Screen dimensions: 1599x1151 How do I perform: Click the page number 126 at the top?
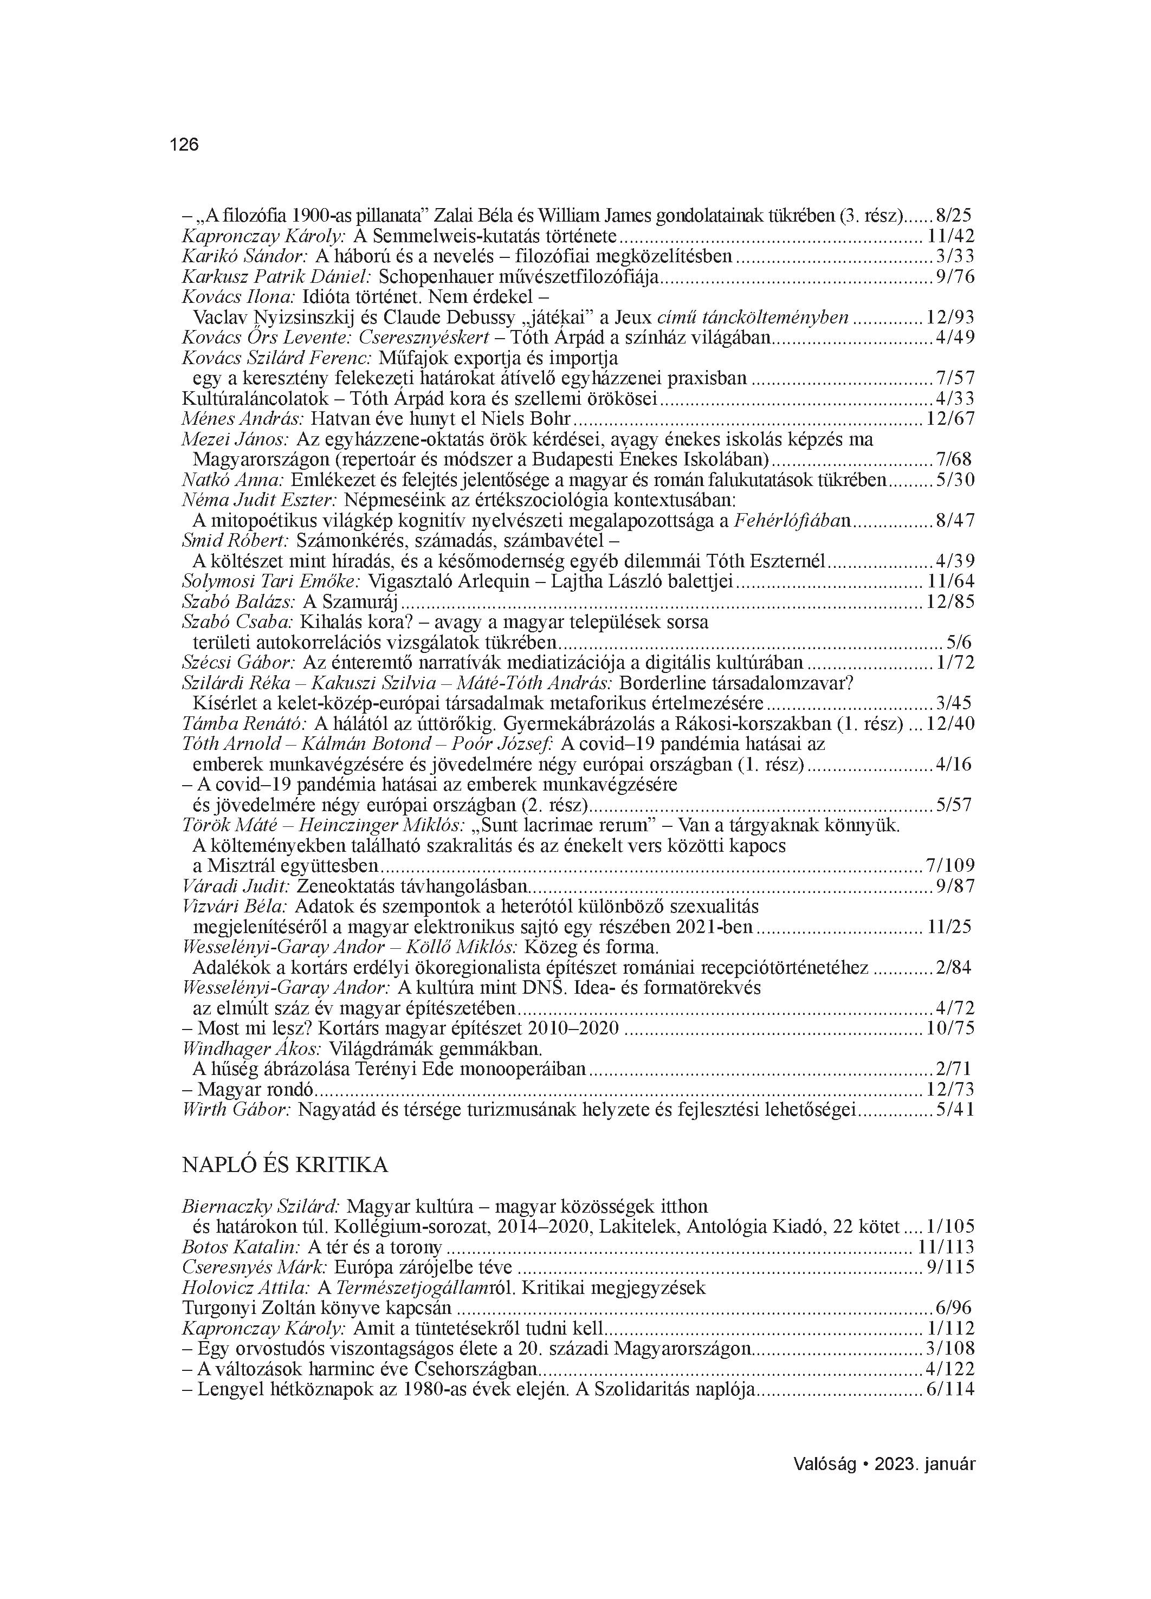(184, 145)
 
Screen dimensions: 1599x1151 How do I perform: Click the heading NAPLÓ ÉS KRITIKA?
(285, 1164)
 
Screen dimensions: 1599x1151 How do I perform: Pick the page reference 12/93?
(950, 318)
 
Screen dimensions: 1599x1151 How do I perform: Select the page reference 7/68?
(954, 459)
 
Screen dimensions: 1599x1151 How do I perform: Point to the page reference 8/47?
(954, 521)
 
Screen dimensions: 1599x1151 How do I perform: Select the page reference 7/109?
(949, 866)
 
